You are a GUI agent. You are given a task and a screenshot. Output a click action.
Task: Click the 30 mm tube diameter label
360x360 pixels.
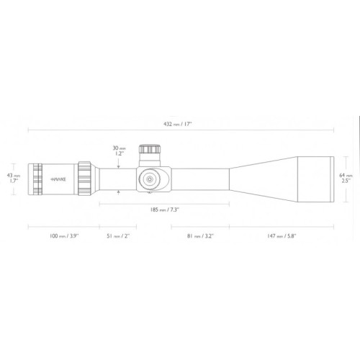pyautogui.click(x=119, y=150)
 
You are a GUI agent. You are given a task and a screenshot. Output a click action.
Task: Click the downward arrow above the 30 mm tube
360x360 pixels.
pyautogui.click(x=119, y=161)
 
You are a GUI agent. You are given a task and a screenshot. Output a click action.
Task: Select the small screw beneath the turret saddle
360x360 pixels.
pyautogui.click(x=150, y=192)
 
